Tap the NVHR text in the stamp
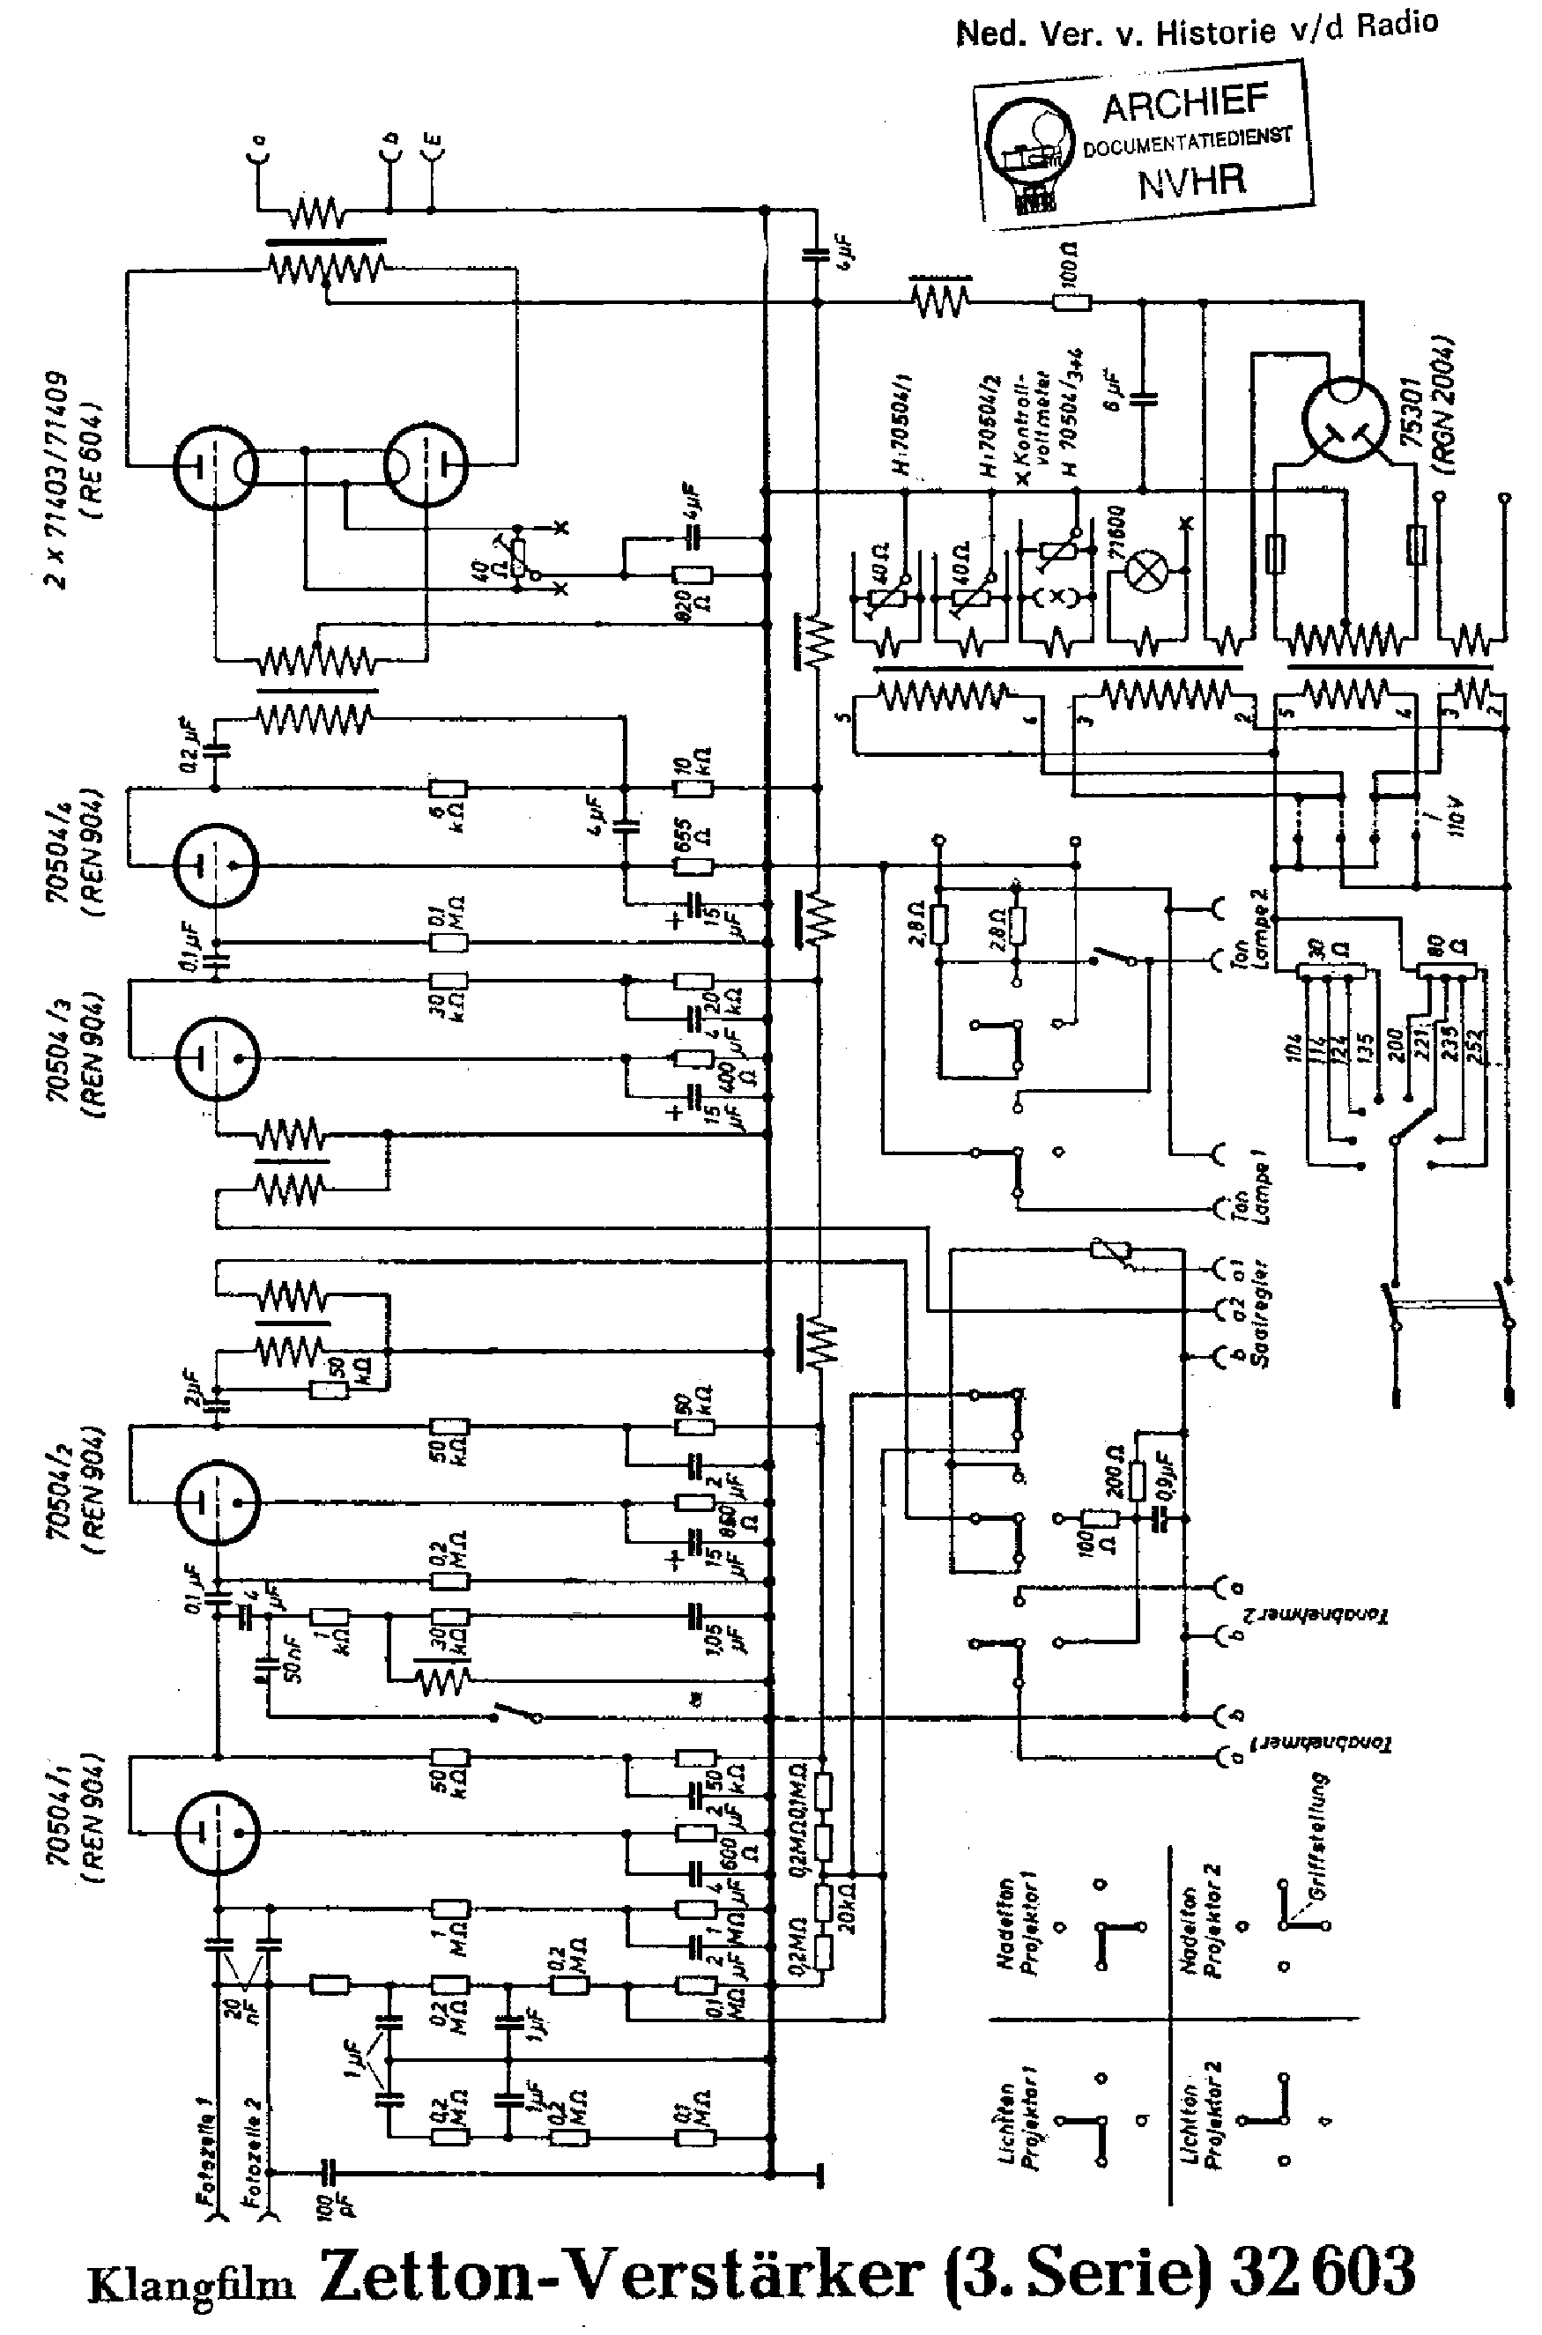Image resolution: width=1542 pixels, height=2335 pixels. coord(1191,180)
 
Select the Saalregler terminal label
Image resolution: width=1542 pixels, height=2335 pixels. coord(1263,1313)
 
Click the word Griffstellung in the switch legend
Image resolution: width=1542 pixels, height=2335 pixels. coord(1321,1839)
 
